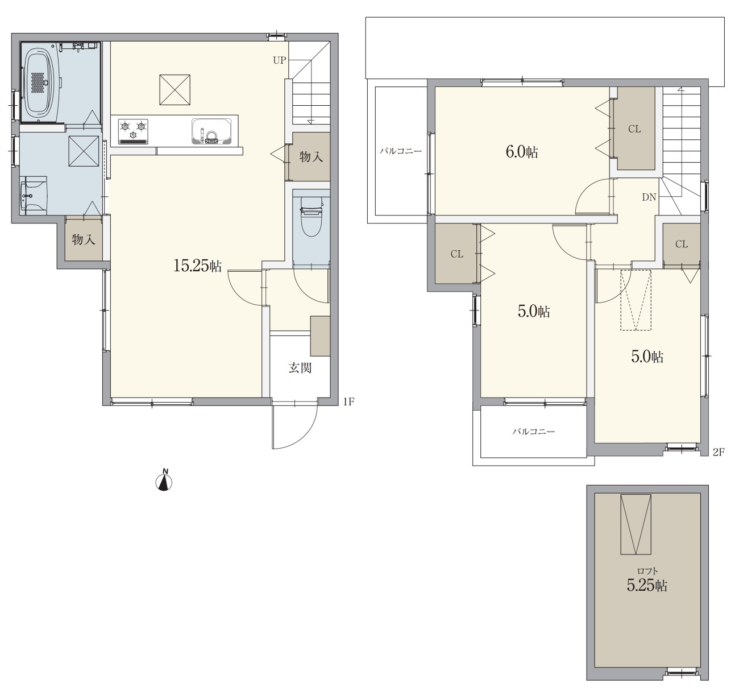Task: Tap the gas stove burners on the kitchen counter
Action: (133, 131)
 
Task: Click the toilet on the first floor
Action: (311, 217)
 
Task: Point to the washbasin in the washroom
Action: (34, 196)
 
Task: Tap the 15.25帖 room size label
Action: (198, 266)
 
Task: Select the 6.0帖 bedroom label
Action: (522, 152)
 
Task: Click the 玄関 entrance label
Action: (300, 368)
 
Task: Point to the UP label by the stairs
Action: (280, 60)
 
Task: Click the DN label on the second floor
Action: (649, 197)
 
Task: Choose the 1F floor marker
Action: (348, 401)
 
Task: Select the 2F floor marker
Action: (719, 451)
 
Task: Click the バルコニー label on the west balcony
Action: (401, 151)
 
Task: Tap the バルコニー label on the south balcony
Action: (534, 432)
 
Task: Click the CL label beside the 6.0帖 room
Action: (634, 129)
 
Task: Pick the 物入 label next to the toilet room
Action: (311, 157)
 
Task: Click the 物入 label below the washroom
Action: (84, 239)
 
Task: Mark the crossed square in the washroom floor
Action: (84, 151)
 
